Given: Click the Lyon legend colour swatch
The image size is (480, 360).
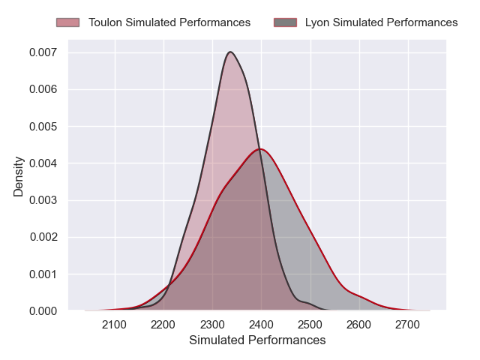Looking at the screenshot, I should pyautogui.click(x=285, y=22).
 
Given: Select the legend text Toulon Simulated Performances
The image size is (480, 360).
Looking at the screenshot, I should pyautogui.click(x=169, y=22).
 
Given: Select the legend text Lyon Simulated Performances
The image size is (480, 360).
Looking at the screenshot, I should pyautogui.click(x=381, y=22).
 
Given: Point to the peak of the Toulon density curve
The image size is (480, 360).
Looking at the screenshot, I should pyautogui.click(x=230, y=52).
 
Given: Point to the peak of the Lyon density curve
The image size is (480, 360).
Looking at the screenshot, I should pyautogui.click(x=259, y=148).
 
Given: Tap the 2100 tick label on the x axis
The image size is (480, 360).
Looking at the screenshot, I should pyautogui.click(x=115, y=324).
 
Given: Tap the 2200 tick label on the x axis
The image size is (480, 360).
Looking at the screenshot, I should pyautogui.click(x=163, y=324).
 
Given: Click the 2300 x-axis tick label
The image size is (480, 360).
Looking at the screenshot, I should pyautogui.click(x=212, y=324).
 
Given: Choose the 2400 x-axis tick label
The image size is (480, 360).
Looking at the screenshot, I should pyautogui.click(x=261, y=324).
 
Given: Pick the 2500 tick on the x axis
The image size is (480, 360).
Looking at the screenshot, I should pyautogui.click(x=310, y=324).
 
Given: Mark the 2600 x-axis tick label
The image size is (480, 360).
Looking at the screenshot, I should pyautogui.click(x=359, y=324).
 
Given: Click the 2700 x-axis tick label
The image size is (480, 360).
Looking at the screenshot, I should pyautogui.click(x=408, y=324).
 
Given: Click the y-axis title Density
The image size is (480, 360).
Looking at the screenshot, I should pyautogui.click(x=19, y=176).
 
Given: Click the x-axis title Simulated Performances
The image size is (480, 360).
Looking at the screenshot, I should pyautogui.click(x=257, y=340).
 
